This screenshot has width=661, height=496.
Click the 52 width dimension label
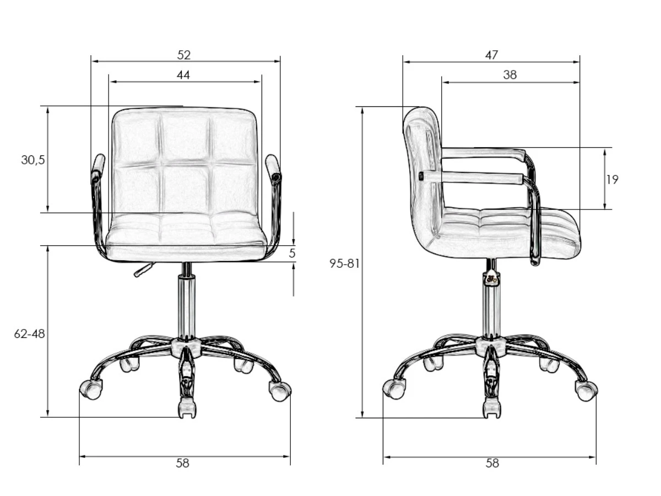[x=183, y=55]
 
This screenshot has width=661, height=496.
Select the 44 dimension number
[x=183, y=75]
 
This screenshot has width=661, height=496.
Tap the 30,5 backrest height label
[x=33, y=160]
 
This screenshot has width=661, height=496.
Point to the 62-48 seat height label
[x=29, y=333]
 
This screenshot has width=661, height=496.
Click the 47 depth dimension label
[x=491, y=55]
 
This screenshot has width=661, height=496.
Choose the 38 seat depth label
[x=510, y=75]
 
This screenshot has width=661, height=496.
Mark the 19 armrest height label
[x=612, y=180]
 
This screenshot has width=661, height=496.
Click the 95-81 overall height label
[x=344, y=263]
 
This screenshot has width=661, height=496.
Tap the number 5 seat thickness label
[x=292, y=254]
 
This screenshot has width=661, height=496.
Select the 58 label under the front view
[x=182, y=463]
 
